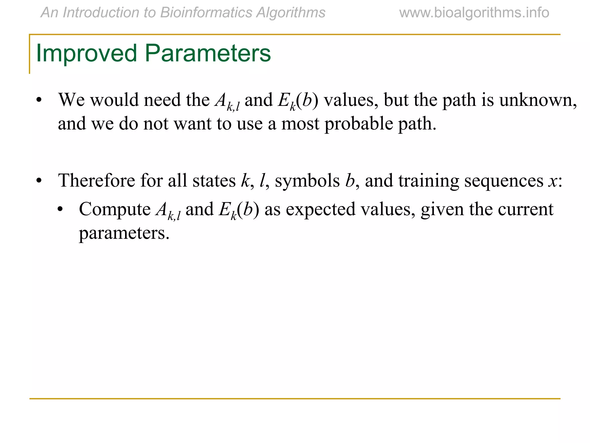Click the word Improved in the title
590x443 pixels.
[86, 53]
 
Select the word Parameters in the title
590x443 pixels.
[207, 53]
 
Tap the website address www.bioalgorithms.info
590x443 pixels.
[474, 13]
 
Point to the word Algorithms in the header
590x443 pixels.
[291, 13]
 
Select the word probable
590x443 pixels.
[359, 124]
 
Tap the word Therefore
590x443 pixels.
[97, 181]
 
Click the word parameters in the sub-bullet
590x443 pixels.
[124, 233]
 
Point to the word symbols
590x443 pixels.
[307, 181]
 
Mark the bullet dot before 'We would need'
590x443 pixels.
[39, 101]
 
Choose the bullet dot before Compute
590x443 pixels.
[60, 210]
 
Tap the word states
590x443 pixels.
[214, 181]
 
